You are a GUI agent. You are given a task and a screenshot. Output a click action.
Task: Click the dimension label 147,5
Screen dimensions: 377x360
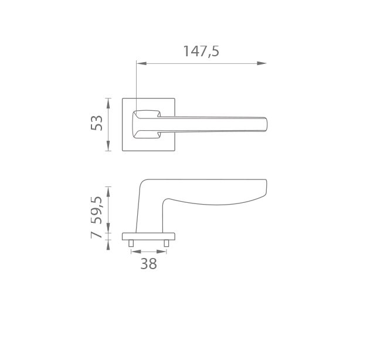[201, 51]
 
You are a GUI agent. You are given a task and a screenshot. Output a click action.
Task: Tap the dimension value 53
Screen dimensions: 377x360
[97, 123]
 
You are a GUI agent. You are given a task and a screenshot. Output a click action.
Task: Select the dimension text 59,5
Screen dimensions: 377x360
[97, 210]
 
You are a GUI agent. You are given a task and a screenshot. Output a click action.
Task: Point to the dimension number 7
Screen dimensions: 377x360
[96, 234]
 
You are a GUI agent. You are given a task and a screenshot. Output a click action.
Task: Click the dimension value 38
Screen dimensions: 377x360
[148, 264]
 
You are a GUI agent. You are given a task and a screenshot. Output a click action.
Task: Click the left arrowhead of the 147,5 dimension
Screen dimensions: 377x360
[141, 63]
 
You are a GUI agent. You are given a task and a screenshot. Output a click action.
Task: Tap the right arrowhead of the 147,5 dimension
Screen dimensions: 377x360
[261, 63]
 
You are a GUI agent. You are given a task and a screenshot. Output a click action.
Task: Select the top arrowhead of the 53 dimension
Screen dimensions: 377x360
[108, 103]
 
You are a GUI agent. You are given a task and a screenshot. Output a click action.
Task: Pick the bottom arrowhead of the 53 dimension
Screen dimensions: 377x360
[108, 146]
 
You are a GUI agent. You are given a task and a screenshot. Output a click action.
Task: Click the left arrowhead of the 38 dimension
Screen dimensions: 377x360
[136, 252]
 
